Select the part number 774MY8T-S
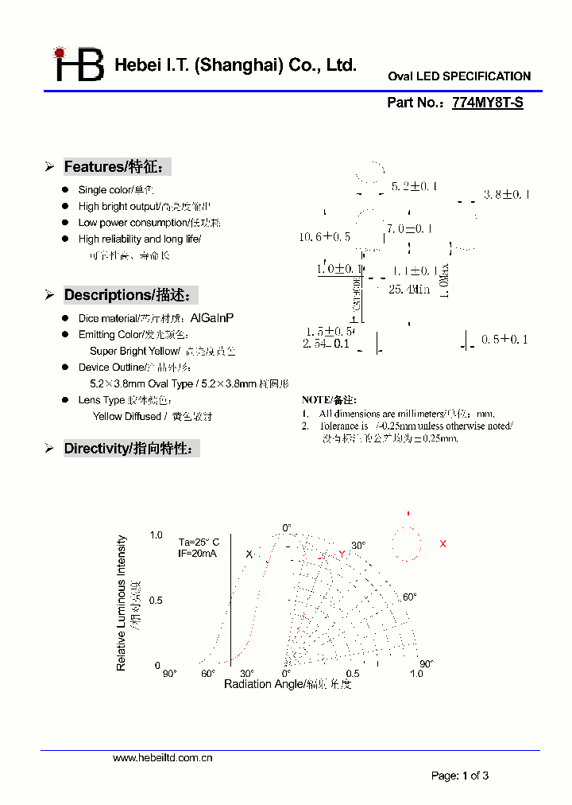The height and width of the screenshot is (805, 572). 487,103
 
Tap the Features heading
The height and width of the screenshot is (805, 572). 116,167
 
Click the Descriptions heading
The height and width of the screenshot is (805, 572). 130,295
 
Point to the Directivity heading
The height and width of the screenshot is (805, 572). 130,449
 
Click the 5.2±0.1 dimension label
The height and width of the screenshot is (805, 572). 414,186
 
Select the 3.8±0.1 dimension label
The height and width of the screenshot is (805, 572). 506,194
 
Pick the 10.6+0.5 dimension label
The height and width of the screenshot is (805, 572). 324,237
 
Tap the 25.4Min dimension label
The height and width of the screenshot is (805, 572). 408,290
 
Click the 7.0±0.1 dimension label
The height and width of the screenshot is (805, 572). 409,229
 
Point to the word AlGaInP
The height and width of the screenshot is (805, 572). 212,318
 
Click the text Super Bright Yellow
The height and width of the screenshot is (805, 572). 135,351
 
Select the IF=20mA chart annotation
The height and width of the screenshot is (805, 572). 198,553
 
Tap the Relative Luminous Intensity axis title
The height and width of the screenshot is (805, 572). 122,602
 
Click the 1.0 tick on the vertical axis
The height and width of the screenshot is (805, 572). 156,535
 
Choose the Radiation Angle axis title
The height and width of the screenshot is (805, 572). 287,684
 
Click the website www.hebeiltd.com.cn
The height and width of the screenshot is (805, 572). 163,758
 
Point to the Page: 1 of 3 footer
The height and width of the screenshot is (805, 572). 460,776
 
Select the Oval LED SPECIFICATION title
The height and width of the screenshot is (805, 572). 459,76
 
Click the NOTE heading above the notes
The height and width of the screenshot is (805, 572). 329,400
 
